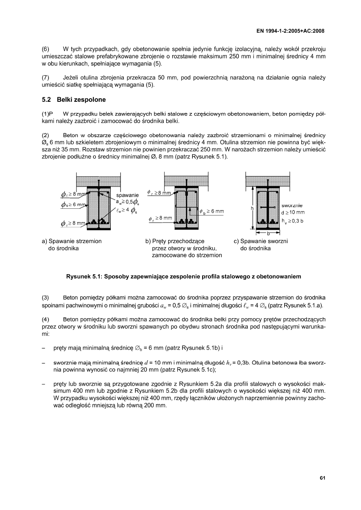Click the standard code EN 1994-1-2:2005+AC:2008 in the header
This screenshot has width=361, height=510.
291,31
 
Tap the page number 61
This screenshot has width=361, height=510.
322,478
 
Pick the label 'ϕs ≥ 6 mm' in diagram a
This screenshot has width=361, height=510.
74,205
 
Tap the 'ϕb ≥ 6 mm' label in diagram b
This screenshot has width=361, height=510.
212,211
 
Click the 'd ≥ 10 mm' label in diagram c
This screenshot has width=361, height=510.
293,212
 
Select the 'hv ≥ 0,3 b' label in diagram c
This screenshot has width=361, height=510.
293,221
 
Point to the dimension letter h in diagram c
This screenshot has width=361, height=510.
252,208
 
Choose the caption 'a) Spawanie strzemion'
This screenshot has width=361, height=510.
72,241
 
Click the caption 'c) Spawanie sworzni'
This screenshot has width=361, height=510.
261,241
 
